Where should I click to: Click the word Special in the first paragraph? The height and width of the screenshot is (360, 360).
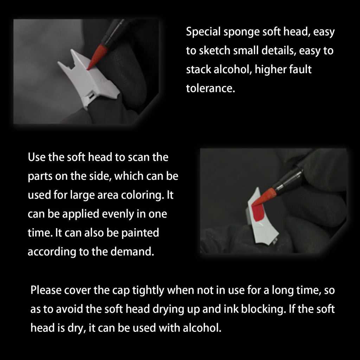(x=203, y=33)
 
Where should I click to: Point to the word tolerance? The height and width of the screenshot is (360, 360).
(x=210, y=88)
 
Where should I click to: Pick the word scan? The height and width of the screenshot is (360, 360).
(x=135, y=157)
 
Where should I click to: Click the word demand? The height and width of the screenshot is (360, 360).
(x=136, y=252)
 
